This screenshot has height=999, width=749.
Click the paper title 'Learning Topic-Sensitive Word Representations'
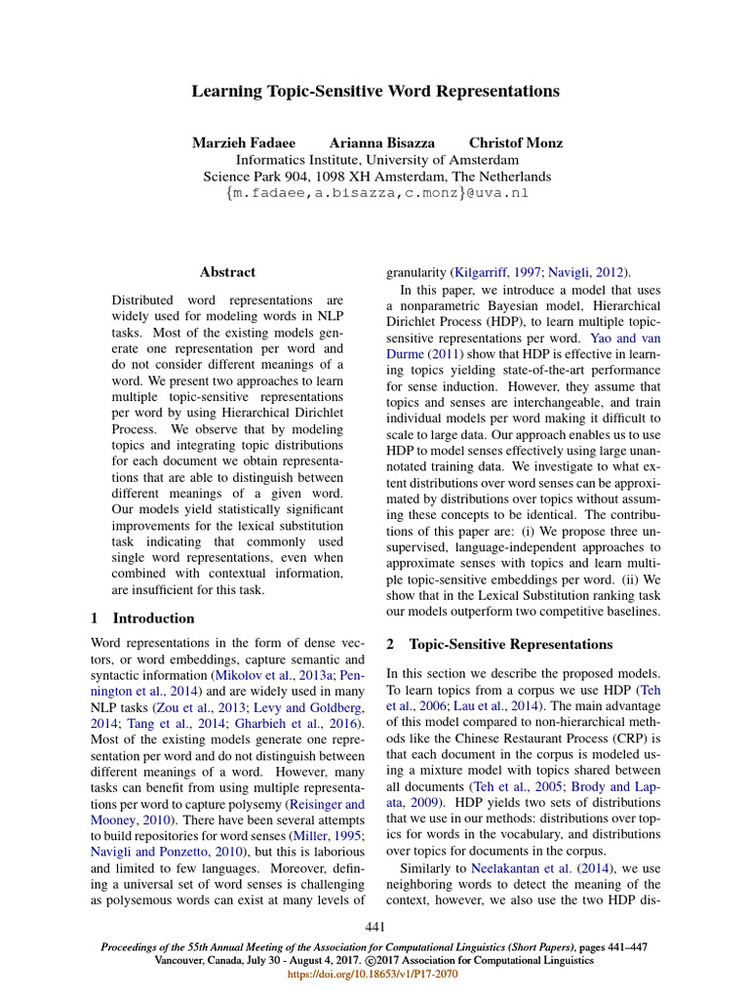click(375, 92)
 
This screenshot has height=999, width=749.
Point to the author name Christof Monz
click(515, 142)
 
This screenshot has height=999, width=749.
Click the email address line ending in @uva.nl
click(376, 193)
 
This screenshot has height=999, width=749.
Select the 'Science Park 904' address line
click(376, 177)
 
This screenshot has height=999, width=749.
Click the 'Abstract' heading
click(227, 272)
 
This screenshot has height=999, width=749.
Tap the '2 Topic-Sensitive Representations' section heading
click(499, 645)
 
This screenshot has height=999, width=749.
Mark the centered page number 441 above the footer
click(375, 926)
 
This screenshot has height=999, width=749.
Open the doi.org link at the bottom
click(375, 974)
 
